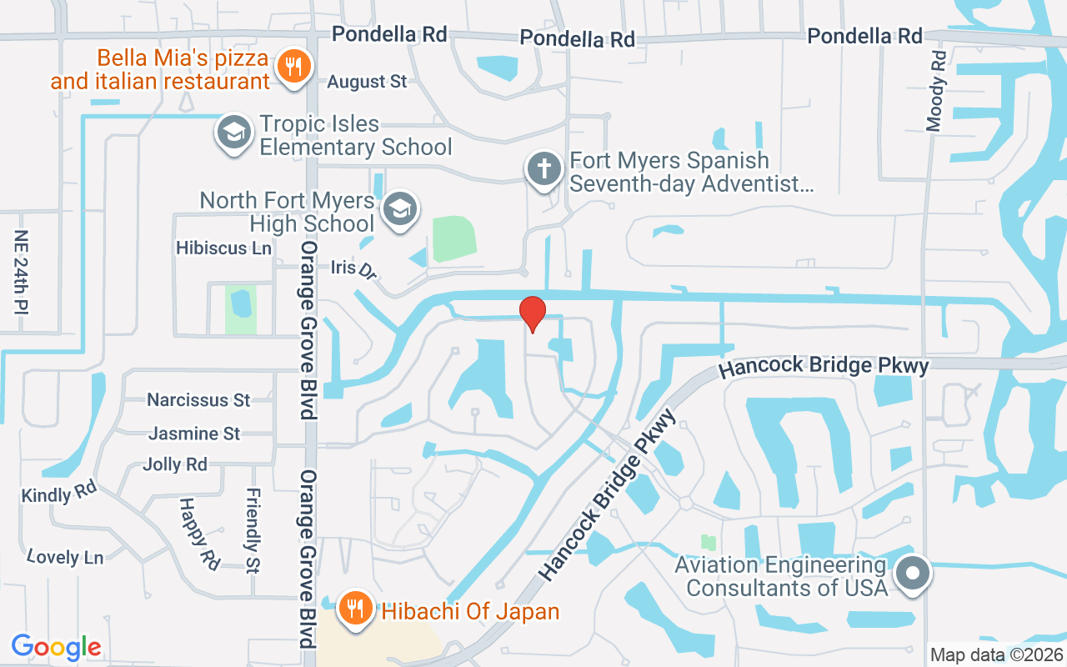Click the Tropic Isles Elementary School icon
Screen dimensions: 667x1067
tap(234, 133)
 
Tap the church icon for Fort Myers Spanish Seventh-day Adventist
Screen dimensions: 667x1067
tap(544, 169)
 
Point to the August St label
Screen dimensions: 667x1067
tap(367, 82)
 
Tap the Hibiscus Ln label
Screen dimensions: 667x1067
tap(223, 248)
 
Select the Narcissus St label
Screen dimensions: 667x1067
tap(198, 400)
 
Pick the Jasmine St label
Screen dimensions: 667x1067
tap(194, 434)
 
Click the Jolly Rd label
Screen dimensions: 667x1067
tap(175, 464)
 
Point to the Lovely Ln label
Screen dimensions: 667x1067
tap(64, 556)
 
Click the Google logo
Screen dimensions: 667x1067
tap(57, 647)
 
